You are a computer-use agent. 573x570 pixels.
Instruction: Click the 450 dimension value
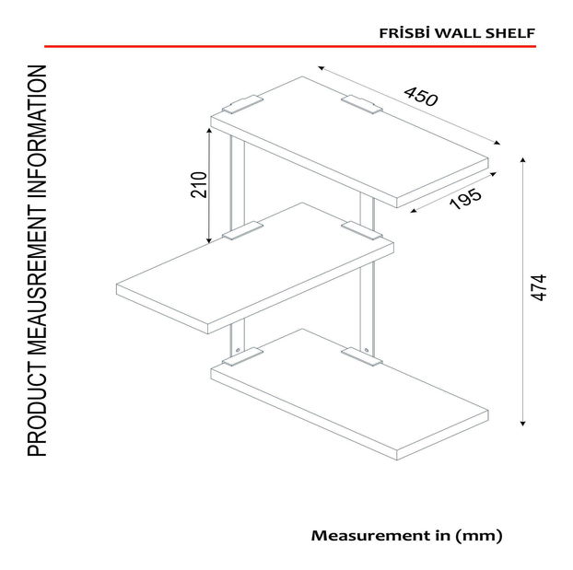pyautogui.click(x=421, y=97)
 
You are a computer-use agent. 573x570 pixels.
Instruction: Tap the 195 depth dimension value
pyautogui.click(x=465, y=199)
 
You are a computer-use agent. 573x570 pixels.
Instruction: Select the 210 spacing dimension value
pyautogui.click(x=199, y=184)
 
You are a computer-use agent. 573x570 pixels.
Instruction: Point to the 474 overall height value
pyautogui.click(x=538, y=287)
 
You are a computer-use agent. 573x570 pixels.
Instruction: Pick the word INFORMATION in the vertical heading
pyautogui.click(x=37, y=136)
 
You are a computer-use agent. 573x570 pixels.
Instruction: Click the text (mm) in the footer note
pyautogui.click(x=478, y=536)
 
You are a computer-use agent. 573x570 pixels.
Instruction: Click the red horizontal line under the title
pyautogui.click(x=290, y=46)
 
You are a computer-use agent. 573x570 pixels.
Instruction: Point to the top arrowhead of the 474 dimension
pyautogui.click(x=523, y=159)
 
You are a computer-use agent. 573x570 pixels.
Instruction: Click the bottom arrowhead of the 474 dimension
pyautogui.click(x=523, y=424)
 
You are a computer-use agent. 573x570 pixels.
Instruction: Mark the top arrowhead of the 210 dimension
pyautogui.click(x=209, y=131)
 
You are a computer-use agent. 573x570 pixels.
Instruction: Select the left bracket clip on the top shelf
pyautogui.click(x=242, y=104)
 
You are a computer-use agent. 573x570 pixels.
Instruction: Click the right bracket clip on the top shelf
pyautogui.click(x=362, y=104)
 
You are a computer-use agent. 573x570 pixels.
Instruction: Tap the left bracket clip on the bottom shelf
pyautogui.click(x=242, y=357)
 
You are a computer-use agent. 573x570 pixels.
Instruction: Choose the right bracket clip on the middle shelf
pyautogui.click(x=362, y=230)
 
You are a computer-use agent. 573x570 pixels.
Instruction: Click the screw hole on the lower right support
pyautogui.click(x=367, y=351)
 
